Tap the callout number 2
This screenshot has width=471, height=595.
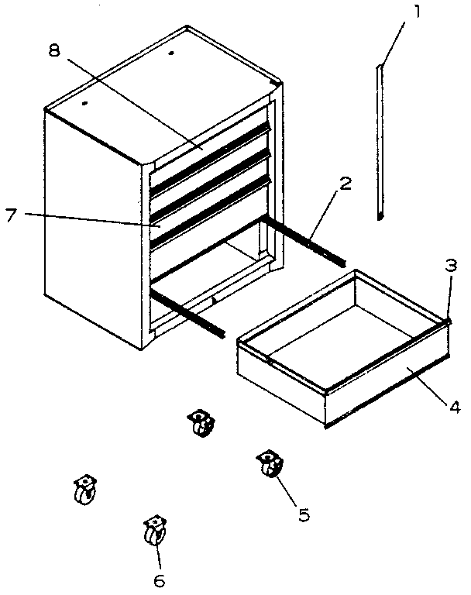coord(345,185)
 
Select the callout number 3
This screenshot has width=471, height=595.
coord(450,265)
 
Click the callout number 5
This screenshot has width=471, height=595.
coord(305,513)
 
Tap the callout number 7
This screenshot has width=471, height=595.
coord(12,215)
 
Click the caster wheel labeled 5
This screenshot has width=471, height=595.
coord(269,466)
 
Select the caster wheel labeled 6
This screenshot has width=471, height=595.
coord(154,532)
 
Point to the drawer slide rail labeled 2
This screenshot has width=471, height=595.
coord(302,240)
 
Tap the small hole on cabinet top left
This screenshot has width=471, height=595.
coord(84,102)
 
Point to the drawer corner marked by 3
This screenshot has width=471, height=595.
coord(447,320)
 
